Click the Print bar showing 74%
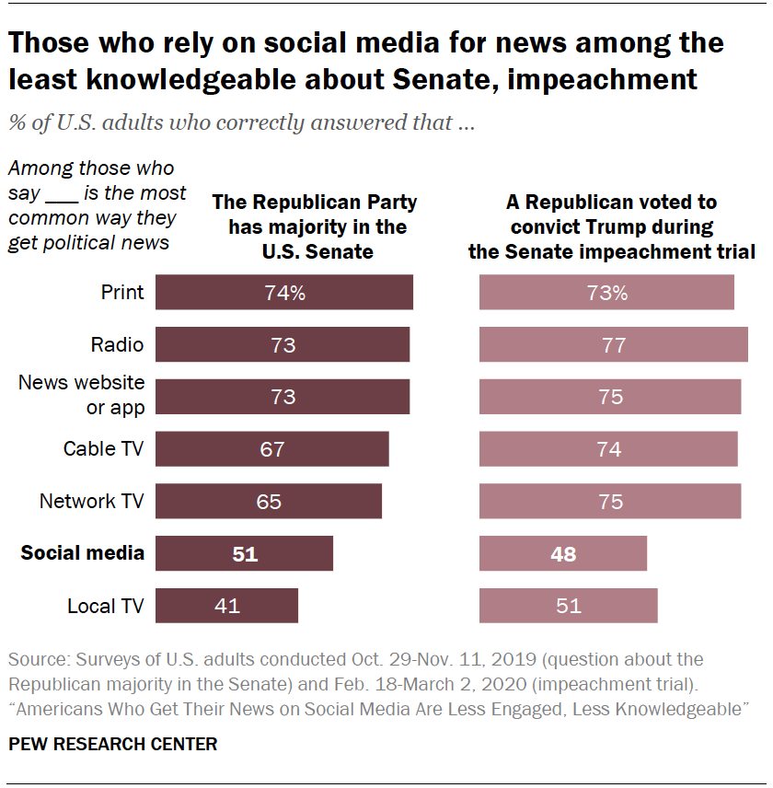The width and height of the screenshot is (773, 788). click(x=283, y=293)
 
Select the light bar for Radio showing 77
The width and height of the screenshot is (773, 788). click(x=613, y=345)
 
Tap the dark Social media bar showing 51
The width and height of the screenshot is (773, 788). click(x=244, y=553)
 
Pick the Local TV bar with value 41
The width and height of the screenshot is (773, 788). click(x=226, y=606)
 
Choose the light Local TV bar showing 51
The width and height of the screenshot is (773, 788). click(x=568, y=606)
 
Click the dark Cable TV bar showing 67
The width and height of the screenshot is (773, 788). click(x=271, y=449)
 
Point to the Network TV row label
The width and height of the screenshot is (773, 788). click(x=91, y=502)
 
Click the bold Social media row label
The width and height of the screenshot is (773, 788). click(x=82, y=553)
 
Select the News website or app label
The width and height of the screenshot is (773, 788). click(x=82, y=394)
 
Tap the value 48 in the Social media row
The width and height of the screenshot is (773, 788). click(x=562, y=554)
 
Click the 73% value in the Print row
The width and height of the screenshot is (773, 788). click(x=607, y=293)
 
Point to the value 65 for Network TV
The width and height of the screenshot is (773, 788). click(x=269, y=502)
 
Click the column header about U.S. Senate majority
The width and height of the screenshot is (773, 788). click(x=314, y=226)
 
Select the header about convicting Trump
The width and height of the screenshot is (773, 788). click(x=611, y=226)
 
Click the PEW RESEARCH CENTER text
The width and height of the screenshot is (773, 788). click(x=113, y=745)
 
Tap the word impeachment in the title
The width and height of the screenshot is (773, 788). click(x=606, y=79)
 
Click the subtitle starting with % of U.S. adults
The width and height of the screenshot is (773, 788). click(x=241, y=122)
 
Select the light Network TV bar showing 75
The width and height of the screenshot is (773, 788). click(x=609, y=502)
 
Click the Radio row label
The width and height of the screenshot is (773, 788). click(x=117, y=345)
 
